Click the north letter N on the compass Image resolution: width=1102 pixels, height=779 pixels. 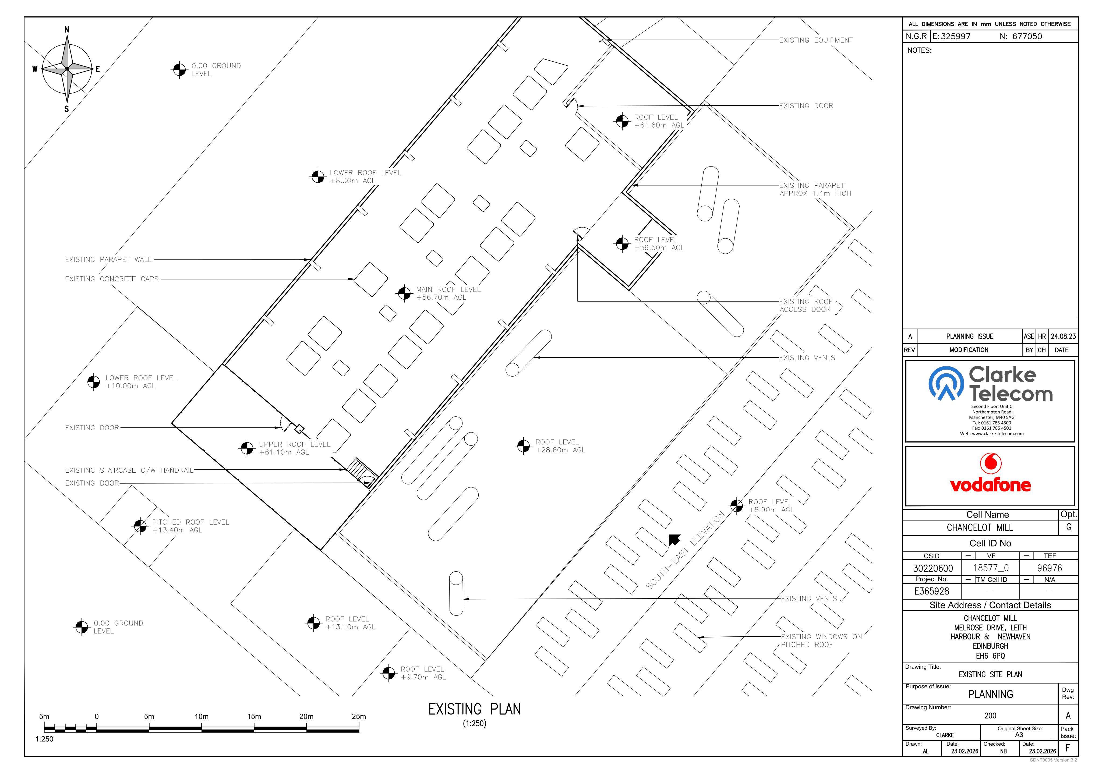point(67,30)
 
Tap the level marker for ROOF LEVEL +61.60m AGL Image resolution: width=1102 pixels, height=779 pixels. point(622,121)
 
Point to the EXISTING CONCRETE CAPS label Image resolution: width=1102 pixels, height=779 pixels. point(112,279)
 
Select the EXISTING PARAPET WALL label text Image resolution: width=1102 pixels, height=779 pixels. point(108,260)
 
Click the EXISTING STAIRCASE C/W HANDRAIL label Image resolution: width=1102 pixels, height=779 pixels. point(129,470)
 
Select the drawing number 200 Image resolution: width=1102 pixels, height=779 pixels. point(990,715)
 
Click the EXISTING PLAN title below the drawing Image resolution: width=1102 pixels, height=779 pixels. point(474,709)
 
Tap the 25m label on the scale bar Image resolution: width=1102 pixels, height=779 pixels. point(359,717)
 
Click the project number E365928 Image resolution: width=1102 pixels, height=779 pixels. point(932,591)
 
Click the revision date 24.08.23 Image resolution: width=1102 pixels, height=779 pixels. point(1063,337)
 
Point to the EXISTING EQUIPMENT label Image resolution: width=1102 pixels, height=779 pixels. point(816,40)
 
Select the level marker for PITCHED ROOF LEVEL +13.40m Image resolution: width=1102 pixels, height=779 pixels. point(140,526)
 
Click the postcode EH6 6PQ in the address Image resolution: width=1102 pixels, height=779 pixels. point(990,656)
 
